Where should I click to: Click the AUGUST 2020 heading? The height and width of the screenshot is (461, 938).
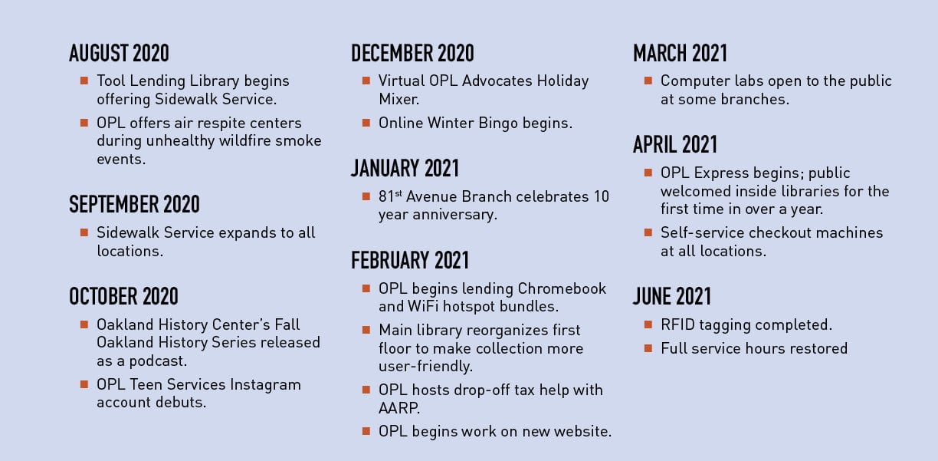tap(119, 53)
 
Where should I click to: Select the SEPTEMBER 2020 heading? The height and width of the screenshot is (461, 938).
tap(134, 205)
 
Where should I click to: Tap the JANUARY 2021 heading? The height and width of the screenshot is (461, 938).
tap(405, 169)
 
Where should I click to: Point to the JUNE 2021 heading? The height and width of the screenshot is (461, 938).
tap(672, 296)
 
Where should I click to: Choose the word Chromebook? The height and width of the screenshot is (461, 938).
tap(562, 288)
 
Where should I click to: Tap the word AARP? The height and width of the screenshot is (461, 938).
tap(399, 408)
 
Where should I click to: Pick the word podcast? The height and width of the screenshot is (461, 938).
tap(158, 361)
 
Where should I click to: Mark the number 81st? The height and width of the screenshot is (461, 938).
tap(390, 196)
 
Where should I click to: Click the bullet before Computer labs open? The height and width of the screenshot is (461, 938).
tap(648, 81)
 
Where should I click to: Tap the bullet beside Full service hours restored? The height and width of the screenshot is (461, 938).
tap(648, 348)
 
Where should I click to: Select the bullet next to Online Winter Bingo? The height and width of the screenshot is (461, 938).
tap(366, 123)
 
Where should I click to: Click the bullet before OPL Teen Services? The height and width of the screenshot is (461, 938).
tap(84, 384)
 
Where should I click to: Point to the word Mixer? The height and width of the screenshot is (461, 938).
tap(398, 99)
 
